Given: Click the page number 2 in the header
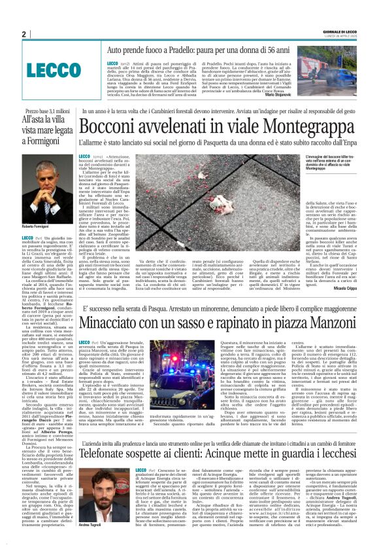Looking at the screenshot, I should click(24, 35).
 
